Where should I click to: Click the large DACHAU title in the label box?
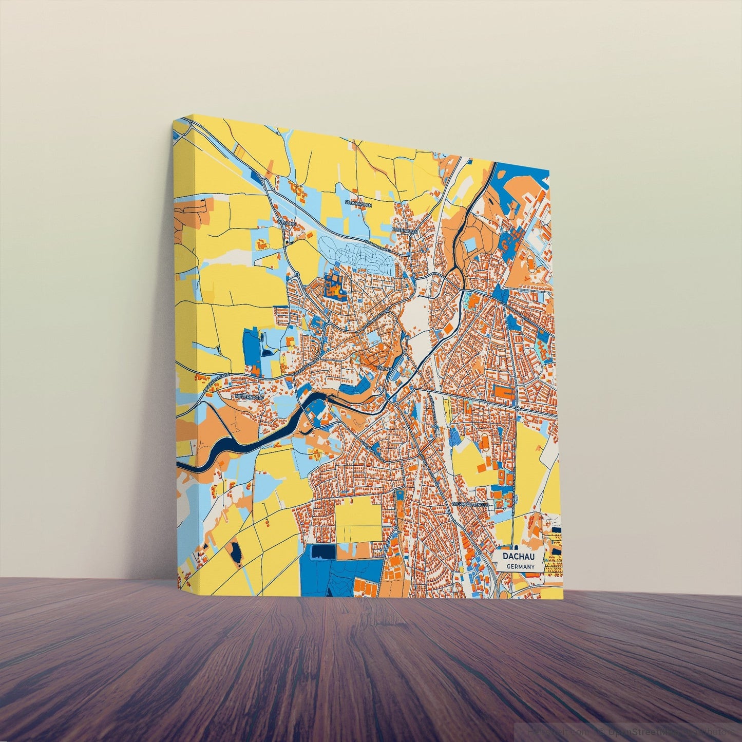point(519,557)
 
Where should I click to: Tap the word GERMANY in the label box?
point(520,567)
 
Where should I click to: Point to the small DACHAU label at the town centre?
point(384,368)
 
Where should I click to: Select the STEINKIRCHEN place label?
point(358,203)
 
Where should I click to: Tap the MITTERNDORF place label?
point(249,397)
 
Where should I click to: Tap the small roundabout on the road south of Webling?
point(297,275)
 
